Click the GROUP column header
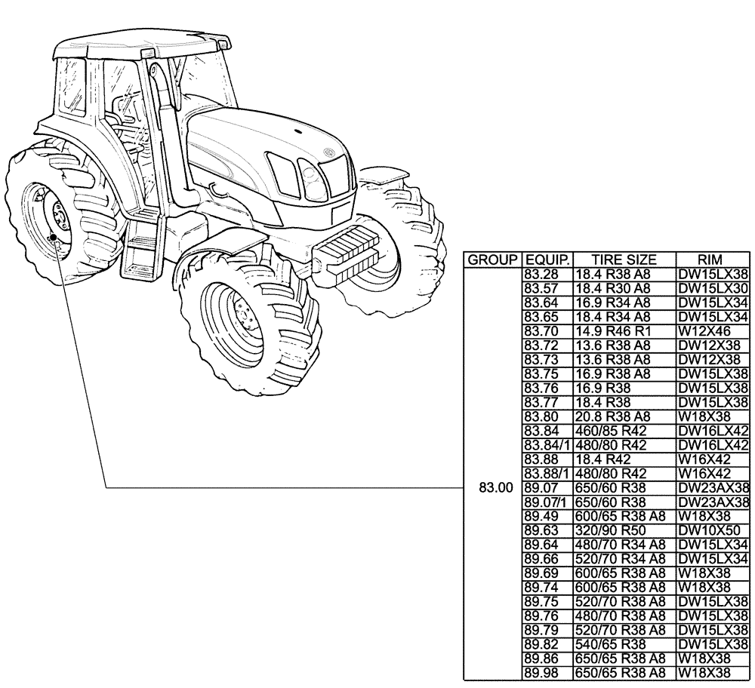pos(492,260)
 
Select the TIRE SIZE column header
pos(624,260)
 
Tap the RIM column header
pos(710,260)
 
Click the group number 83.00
pos(492,487)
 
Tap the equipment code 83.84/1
pos(546,445)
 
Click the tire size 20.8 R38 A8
pos(612,416)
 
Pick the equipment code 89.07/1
pos(546,502)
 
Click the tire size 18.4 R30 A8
pos(612,289)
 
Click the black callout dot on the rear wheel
pos(53,237)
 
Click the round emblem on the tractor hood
pos(329,152)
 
